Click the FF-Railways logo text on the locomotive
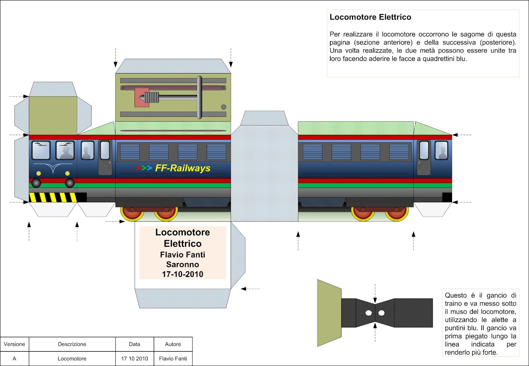183,168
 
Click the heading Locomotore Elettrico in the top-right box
370,17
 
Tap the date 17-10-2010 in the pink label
183,274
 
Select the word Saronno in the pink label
183,264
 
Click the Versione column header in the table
15,344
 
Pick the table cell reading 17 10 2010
135,358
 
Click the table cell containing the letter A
15,358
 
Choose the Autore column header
173,344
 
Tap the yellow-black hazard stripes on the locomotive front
53,197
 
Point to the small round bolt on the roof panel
224,107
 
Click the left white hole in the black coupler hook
369,313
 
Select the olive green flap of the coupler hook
329,313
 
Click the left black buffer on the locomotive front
36,183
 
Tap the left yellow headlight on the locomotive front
39,173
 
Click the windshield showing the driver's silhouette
65,151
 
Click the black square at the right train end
447,197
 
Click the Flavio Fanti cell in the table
173,358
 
